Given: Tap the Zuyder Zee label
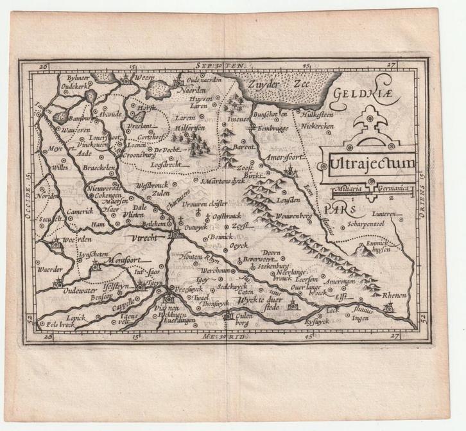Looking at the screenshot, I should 284,84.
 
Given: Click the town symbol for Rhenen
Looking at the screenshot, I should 388,309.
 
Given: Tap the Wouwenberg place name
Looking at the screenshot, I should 293,217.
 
